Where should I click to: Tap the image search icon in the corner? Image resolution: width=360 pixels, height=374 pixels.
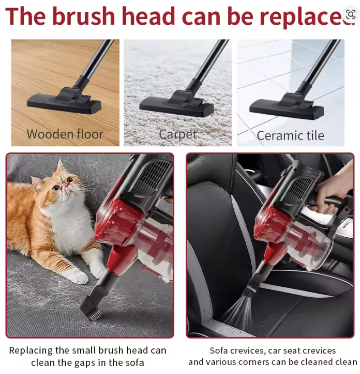[350, 15]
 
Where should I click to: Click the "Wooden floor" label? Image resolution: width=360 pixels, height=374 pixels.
[65, 134]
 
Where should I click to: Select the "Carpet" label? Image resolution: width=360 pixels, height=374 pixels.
[177, 135]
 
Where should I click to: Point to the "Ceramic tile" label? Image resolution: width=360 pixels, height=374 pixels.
[290, 135]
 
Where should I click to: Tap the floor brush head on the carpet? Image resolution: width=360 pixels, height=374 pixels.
[177, 104]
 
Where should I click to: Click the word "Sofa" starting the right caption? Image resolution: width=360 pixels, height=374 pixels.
[218, 351]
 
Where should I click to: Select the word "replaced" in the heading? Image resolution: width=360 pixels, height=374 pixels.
[308, 17]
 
